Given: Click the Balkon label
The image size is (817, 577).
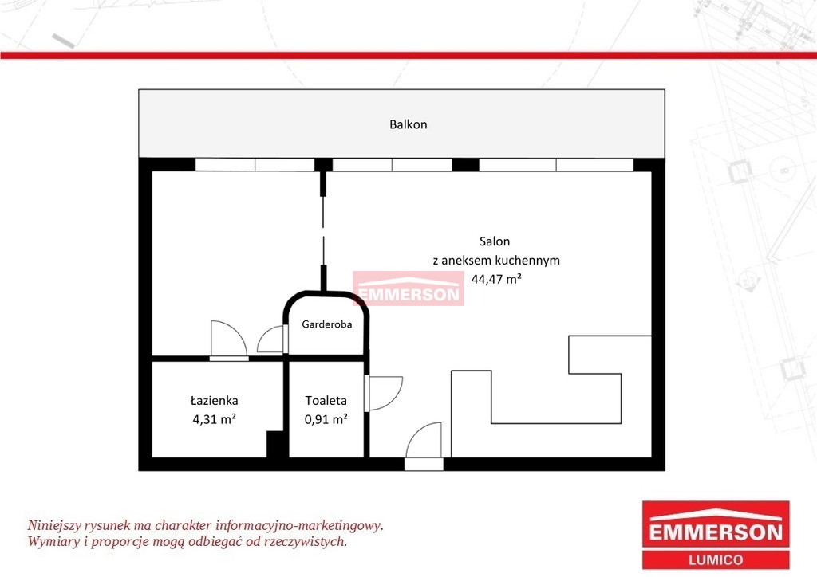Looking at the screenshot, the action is click(x=408, y=124).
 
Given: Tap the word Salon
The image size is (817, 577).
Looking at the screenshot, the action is click(x=495, y=241).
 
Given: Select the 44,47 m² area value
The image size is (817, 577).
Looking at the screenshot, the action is click(x=496, y=279).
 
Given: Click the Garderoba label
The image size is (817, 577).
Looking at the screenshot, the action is click(x=326, y=324).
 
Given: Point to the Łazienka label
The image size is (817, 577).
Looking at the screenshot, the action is click(x=214, y=401).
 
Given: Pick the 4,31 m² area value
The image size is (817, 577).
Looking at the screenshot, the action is click(x=214, y=419).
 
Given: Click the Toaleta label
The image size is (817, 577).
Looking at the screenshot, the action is click(x=326, y=401).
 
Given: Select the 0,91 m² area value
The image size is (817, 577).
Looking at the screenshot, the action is click(x=326, y=419).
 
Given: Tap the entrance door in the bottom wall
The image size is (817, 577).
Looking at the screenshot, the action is click(x=424, y=464).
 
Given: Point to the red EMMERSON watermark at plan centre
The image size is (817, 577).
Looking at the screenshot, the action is click(x=408, y=288).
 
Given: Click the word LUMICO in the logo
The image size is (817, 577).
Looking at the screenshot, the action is click(x=716, y=560).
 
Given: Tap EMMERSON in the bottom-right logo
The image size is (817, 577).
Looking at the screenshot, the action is click(x=716, y=532).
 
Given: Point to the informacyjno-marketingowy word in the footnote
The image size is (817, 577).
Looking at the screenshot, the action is click(x=299, y=525).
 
